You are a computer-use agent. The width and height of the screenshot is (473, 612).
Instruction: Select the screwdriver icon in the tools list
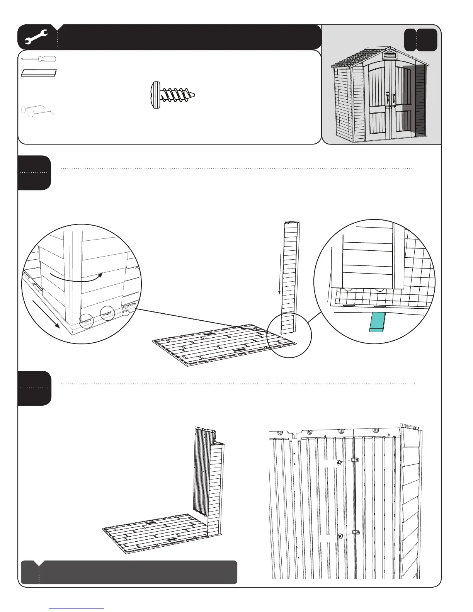(x=39, y=59)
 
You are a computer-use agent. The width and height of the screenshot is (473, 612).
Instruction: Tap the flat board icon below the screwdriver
(x=39, y=73)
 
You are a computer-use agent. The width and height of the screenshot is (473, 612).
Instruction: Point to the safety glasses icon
(x=38, y=110)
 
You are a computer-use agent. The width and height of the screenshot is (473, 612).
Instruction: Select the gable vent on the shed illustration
(x=389, y=55)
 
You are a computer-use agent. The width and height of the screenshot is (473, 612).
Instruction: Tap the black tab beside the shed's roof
(x=421, y=40)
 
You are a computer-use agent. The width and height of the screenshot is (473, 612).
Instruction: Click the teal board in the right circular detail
(x=378, y=322)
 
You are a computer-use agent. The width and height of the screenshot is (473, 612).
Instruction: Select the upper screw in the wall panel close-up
(x=339, y=462)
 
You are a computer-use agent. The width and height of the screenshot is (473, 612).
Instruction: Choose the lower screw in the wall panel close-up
(x=340, y=536)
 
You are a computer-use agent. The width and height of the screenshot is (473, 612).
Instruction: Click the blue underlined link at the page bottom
(x=77, y=609)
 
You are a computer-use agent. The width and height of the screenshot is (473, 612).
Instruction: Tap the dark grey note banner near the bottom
(x=129, y=572)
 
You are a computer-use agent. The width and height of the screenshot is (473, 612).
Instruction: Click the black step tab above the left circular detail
(x=34, y=173)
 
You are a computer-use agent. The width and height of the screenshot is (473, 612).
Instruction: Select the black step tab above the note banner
(x=34, y=388)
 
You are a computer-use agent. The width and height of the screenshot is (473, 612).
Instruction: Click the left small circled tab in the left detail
(x=87, y=321)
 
